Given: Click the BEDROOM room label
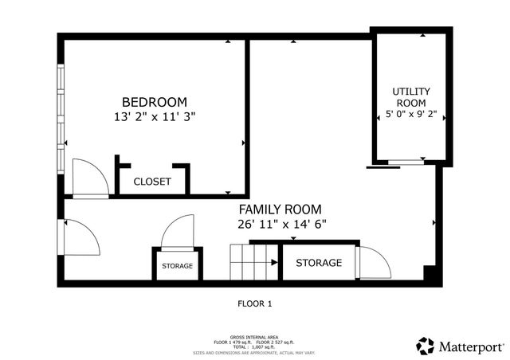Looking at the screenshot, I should [154, 102].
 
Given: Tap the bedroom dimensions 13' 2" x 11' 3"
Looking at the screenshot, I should [154, 116].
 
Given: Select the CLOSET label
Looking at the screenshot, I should [151, 182].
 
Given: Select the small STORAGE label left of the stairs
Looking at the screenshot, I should [177, 266].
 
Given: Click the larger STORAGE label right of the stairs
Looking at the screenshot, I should [319, 263].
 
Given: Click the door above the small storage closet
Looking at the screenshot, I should [177, 232].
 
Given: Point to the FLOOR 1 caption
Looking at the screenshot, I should [255, 303].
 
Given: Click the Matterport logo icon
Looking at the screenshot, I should [426, 346].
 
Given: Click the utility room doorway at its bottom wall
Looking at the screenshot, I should [405, 163].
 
